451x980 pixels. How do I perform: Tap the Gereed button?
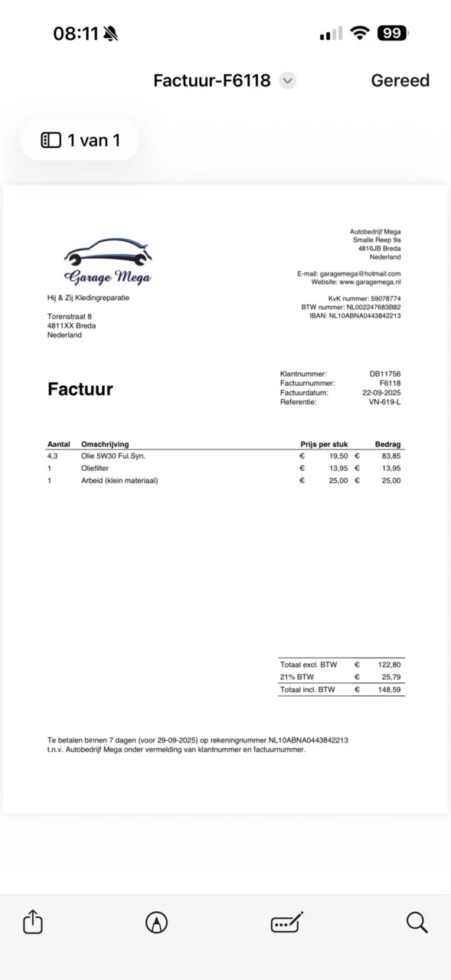(x=400, y=80)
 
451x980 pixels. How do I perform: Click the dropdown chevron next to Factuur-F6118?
(x=287, y=80)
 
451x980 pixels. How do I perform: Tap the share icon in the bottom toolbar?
(x=33, y=922)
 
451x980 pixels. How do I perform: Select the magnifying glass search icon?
(x=417, y=922)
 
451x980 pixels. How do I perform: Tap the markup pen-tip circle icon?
(x=156, y=923)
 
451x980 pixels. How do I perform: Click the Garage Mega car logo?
(x=108, y=260)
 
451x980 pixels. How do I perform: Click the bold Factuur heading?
(x=80, y=389)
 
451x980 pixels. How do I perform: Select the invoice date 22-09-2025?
(x=381, y=393)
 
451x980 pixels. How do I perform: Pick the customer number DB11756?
(x=385, y=374)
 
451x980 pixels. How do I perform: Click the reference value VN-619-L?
(x=384, y=402)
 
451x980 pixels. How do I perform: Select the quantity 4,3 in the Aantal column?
(x=53, y=456)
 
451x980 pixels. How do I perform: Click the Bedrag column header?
(x=387, y=444)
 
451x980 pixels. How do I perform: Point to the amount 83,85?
(x=391, y=456)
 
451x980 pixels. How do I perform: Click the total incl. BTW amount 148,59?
(x=390, y=690)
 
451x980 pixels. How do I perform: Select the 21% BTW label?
(x=297, y=677)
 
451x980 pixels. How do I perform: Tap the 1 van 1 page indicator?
(x=80, y=140)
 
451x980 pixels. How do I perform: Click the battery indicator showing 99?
(x=392, y=33)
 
